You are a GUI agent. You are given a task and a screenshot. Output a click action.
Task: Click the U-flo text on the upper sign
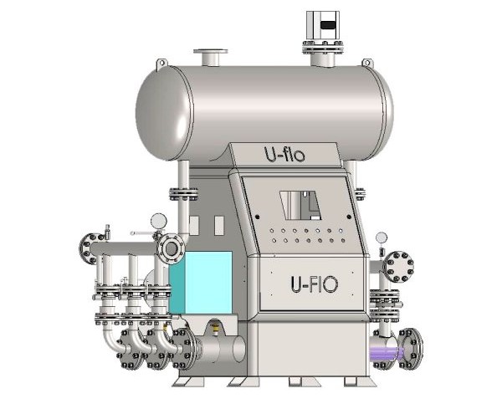[x=284, y=154]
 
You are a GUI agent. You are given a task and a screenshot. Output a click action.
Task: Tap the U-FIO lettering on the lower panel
[x=314, y=284]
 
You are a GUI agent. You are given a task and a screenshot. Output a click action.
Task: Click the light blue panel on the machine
[x=201, y=283]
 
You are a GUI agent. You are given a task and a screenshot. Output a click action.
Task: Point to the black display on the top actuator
[x=328, y=25]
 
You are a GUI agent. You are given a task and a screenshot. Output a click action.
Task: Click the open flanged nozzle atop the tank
[x=210, y=57]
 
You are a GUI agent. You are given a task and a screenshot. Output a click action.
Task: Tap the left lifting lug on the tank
[x=161, y=64]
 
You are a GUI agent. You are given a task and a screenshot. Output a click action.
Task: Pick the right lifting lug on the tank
[x=368, y=63]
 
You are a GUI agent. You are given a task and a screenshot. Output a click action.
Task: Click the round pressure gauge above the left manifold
[x=159, y=221]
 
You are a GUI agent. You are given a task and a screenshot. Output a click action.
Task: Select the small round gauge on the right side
[x=382, y=238]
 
